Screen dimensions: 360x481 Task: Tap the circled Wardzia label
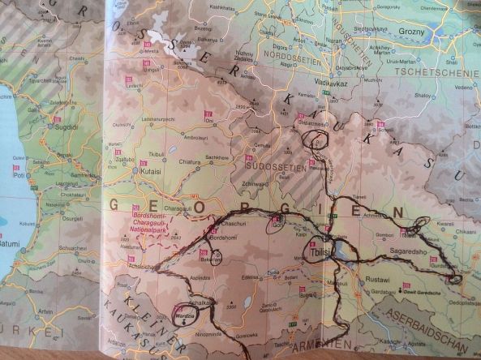click(x=186, y=315)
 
